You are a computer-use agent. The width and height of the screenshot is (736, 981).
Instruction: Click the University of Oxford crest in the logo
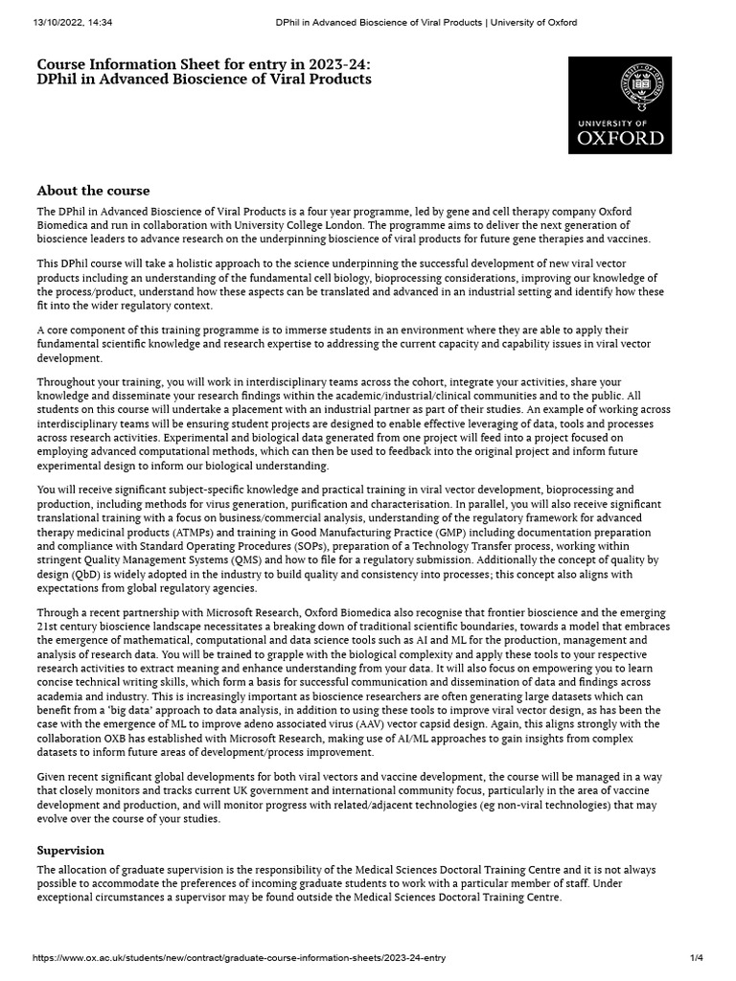(x=620, y=89)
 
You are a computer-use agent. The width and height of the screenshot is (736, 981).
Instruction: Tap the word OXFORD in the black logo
(x=620, y=137)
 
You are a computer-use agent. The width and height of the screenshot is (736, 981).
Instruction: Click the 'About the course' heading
(x=93, y=191)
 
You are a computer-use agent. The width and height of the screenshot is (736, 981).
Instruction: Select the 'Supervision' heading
(x=70, y=850)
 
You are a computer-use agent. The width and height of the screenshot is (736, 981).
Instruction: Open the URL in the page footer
(x=239, y=957)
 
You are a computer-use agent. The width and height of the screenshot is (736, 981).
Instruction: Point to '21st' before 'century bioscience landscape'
(x=49, y=627)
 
